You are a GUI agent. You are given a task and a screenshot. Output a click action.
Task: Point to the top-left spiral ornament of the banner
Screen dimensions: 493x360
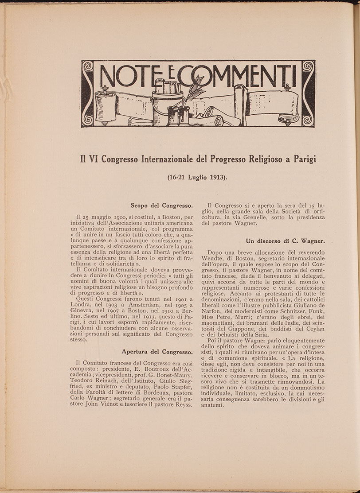(88, 67)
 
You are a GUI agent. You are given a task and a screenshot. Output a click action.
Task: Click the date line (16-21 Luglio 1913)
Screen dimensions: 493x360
(197, 177)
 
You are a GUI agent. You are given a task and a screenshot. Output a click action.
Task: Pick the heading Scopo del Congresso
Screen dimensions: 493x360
(161, 206)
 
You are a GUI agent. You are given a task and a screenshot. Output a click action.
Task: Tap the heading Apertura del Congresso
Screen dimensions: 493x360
(157, 352)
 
